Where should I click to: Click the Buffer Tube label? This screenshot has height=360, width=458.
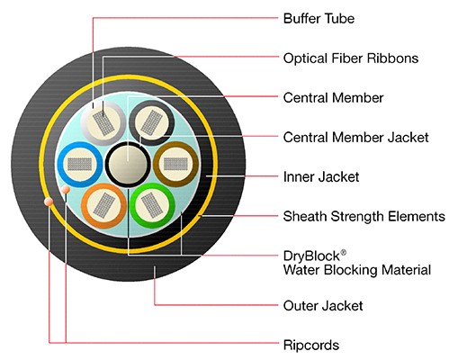pos(319,19)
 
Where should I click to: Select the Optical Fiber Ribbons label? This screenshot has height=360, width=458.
pos(351,58)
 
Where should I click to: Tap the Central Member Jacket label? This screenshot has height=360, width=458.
pos(355,138)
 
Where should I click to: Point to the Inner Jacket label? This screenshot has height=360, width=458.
pos(321,176)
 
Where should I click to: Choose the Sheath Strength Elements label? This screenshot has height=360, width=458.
pos(364,216)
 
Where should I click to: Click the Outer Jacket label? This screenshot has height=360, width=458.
pos(323,306)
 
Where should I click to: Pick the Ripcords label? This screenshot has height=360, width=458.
pos(311,346)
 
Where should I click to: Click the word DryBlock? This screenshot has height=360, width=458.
pos(311,256)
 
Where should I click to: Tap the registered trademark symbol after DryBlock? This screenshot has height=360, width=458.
pos(344,252)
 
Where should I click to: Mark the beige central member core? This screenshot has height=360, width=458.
pos(128,165)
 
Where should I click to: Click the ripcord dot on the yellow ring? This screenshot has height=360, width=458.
pos(49,202)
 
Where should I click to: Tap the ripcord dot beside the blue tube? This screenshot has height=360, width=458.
pos(66,190)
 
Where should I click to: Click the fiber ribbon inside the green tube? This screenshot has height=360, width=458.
pos(152,205)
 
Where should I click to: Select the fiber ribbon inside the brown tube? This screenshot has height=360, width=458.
pos(175,164)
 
